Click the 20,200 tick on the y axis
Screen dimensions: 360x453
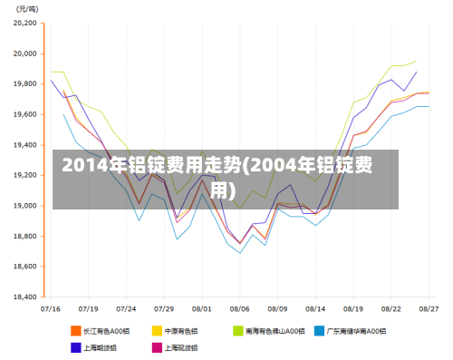(25, 24)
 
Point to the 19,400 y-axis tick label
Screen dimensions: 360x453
(25, 145)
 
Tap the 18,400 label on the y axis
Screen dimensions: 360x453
(25, 297)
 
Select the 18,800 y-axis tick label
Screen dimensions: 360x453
(25, 236)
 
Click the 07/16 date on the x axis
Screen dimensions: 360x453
(52, 308)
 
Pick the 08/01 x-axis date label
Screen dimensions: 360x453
(202, 308)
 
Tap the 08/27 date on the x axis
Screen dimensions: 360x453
(429, 308)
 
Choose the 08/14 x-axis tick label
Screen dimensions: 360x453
(315, 308)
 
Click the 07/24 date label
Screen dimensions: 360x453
(127, 308)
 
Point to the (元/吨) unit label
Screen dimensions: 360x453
(28, 8)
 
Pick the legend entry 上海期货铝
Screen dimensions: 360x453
(101, 346)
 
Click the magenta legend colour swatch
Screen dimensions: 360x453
(157, 346)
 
